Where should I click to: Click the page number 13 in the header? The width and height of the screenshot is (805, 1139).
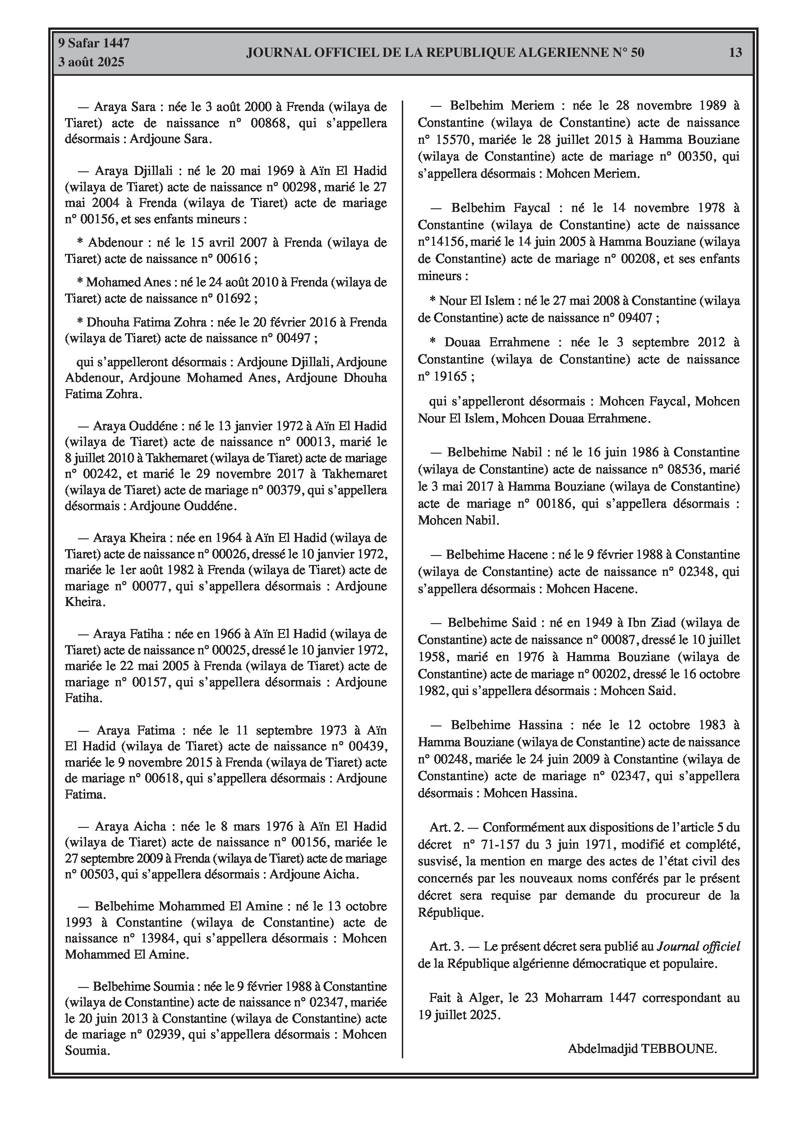point(736,53)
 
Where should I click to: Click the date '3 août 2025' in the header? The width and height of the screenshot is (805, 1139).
point(91,62)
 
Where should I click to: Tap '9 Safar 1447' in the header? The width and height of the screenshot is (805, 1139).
point(94,43)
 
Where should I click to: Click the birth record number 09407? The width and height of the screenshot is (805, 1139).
point(635,318)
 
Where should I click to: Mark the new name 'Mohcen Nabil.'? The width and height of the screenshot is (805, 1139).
point(459,520)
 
